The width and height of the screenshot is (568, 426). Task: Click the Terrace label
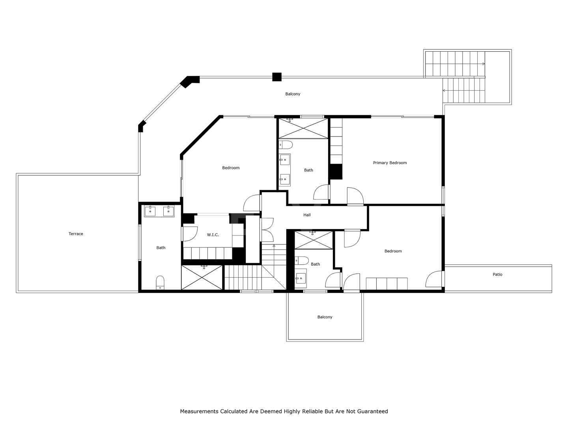click(x=76, y=234)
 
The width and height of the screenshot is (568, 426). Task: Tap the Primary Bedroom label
click(x=390, y=163)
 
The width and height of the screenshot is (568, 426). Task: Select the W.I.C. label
click(x=213, y=235)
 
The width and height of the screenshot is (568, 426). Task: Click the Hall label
click(x=307, y=215)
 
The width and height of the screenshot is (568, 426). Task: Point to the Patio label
click(x=497, y=275)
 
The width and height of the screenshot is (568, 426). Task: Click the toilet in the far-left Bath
click(x=160, y=282)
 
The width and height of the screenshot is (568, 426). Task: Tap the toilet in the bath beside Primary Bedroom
click(x=286, y=145)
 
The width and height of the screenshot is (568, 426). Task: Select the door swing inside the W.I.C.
click(x=190, y=234)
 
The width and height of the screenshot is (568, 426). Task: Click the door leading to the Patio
click(x=434, y=279)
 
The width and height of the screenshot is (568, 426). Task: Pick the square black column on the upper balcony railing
click(x=277, y=77)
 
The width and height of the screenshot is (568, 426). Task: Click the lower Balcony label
click(x=325, y=317)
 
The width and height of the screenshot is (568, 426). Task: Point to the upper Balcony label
click(x=293, y=94)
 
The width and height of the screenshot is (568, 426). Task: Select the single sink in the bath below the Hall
click(x=301, y=278)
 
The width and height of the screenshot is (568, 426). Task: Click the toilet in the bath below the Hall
click(x=302, y=261)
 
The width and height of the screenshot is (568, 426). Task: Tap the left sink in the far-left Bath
click(x=150, y=211)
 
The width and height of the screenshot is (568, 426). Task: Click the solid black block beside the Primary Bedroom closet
click(x=336, y=172)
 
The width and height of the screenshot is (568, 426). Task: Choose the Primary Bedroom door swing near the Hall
click(x=355, y=196)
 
